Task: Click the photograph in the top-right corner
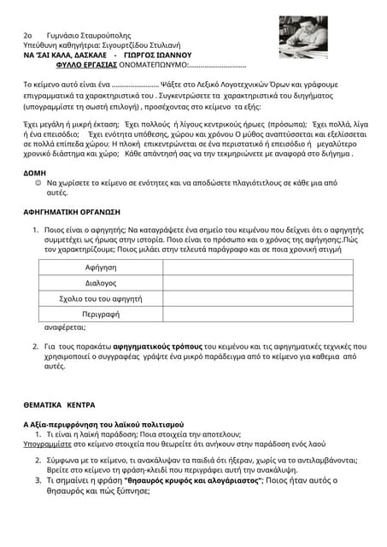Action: pos(303,38)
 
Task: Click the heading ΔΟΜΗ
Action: pos(35,173)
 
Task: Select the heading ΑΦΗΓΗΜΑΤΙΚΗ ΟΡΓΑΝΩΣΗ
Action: pos(72,210)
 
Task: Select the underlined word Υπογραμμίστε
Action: pos(47,444)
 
